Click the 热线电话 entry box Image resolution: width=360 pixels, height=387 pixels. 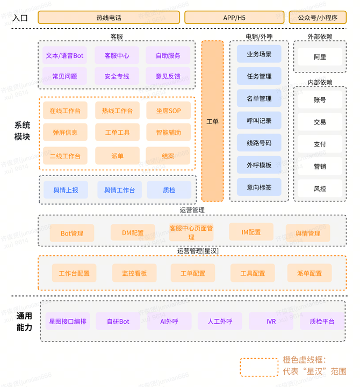coord(109,18)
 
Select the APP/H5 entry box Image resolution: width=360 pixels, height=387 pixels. coord(234,18)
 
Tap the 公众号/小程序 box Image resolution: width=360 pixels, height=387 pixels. coord(318,18)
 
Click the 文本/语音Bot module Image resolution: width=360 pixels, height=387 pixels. coord(64,55)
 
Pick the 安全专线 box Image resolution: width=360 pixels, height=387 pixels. coord(117,76)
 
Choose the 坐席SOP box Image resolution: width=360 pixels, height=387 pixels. coord(168,111)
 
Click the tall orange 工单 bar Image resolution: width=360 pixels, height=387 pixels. coord(212,121)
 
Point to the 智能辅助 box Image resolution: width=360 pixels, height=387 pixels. coord(168,133)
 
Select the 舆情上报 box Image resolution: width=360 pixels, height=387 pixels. coord(66,190)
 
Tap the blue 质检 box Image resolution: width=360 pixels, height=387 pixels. coord(169,190)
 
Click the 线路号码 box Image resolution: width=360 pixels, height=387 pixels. coord(259,143)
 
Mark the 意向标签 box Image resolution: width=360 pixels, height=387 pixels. coord(259,187)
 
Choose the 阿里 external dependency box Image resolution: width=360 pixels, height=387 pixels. coord(320,57)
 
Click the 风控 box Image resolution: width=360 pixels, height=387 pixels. coord(320,189)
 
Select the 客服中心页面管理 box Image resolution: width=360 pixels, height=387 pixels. coord(191,232)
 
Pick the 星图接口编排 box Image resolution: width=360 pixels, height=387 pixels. coord(68,322)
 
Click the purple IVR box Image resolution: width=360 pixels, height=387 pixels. coord(271,322)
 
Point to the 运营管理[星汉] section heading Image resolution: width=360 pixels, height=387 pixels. coord(198,251)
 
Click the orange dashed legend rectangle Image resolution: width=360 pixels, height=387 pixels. coord(258,367)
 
